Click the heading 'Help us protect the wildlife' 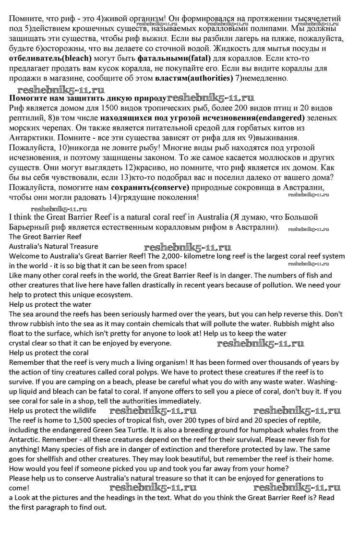tap(52, 411)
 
